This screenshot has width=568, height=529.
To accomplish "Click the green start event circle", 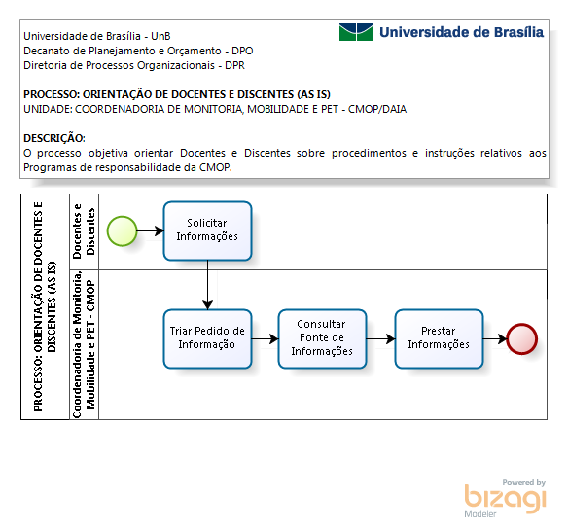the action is pos(123,231).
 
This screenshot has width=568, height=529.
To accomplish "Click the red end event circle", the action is pos(521,339).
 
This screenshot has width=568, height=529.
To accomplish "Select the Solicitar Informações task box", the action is pos(207,230).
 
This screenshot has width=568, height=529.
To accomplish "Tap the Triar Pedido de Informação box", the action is pos(207,338).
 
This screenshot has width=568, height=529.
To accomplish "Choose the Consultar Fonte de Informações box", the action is pos(322,338).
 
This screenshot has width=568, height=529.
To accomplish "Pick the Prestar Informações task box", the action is pos(439,338).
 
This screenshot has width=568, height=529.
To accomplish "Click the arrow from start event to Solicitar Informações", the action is pos(151,230).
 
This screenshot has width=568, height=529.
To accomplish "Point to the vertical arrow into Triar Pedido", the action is pos(207,285).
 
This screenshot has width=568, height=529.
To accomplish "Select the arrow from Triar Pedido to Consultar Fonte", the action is pos(266,339).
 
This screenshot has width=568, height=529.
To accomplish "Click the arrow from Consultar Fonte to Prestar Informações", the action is pos(380,339).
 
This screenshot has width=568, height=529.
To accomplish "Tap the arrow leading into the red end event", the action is pos(495,339).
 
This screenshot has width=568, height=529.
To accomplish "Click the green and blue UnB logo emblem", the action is pos(356,32).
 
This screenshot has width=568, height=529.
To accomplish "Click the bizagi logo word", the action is pos(506,498).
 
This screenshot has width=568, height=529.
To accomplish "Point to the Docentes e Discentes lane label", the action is pos(84,231).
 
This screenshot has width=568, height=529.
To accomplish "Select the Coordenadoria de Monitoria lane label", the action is pos(84,344).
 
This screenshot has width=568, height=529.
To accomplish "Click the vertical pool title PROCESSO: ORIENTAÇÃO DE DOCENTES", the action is pos(45,306).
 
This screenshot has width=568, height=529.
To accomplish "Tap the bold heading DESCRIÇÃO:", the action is pos(54,138).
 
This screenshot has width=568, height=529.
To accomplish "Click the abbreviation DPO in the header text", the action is pos(242,51).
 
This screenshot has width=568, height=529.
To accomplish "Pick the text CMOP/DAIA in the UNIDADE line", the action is pos(377,109).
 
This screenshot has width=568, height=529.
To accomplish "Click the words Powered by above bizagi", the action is pos(524,482).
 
